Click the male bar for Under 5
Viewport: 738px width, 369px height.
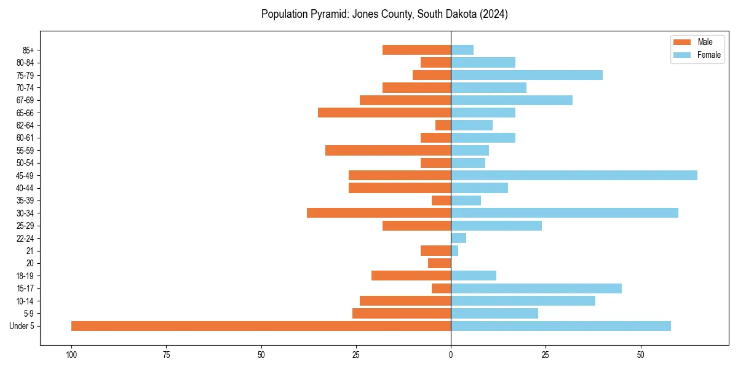point(261,326)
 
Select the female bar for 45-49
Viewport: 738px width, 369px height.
point(574,175)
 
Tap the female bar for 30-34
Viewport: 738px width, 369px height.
point(565,213)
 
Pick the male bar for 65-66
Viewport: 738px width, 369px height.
point(384,113)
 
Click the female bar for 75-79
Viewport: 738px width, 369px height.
point(526,75)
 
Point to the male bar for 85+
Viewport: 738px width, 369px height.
point(416,50)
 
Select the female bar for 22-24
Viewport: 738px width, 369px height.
point(458,238)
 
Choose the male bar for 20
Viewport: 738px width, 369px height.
point(439,263)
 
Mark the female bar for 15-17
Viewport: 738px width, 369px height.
point(536,288)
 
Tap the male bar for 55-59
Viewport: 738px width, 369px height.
point(388,150)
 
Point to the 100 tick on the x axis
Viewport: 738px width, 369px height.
point(71,355)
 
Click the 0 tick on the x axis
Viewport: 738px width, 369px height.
point(451,355)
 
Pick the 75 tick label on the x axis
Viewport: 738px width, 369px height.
point(166,355)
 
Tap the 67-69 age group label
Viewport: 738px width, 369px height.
point(25,100)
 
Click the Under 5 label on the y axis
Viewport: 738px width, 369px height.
point(22,326)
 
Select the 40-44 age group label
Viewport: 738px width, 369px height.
point(25,188)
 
